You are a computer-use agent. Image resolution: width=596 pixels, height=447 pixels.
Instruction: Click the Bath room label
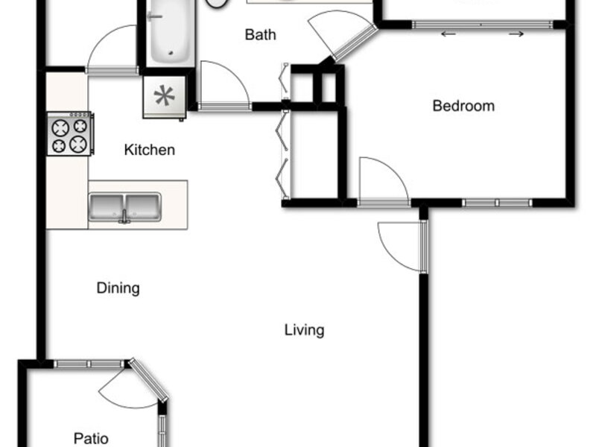(x=260, y=34)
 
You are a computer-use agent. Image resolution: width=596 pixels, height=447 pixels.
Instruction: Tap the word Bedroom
(x=463, y=106)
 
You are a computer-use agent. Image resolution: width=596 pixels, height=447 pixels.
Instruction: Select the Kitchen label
(x=150, y=150)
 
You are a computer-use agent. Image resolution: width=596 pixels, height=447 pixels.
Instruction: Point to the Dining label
(x=118, y=288)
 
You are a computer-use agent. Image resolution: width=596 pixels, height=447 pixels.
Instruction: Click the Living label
(x=305, y=330)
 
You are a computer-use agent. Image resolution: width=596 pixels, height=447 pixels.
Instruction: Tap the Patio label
(x=91, y=438)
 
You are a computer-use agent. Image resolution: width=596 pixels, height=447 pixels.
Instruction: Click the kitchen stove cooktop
(x=70, y=133)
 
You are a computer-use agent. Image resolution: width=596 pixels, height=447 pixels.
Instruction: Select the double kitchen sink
(x=124, y=208)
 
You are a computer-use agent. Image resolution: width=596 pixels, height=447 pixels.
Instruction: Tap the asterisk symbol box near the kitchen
(x=165, y=97)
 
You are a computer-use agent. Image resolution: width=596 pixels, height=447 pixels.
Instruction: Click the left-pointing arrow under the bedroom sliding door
(x=448, y=34)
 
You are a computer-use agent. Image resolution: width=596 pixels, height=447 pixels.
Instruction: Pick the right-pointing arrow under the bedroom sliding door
(x=516, y=34)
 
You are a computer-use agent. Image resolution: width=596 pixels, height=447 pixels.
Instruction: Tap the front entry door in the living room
(x=403, y=247)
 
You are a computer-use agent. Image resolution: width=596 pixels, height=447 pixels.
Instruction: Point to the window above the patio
(x=89, y=364)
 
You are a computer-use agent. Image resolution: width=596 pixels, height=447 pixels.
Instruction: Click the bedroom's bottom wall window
(x=497, y=203)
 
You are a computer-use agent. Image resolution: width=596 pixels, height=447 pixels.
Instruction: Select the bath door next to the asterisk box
(x=225, y=86)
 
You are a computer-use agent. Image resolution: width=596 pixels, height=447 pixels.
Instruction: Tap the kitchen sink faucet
(x=124, y=216)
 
